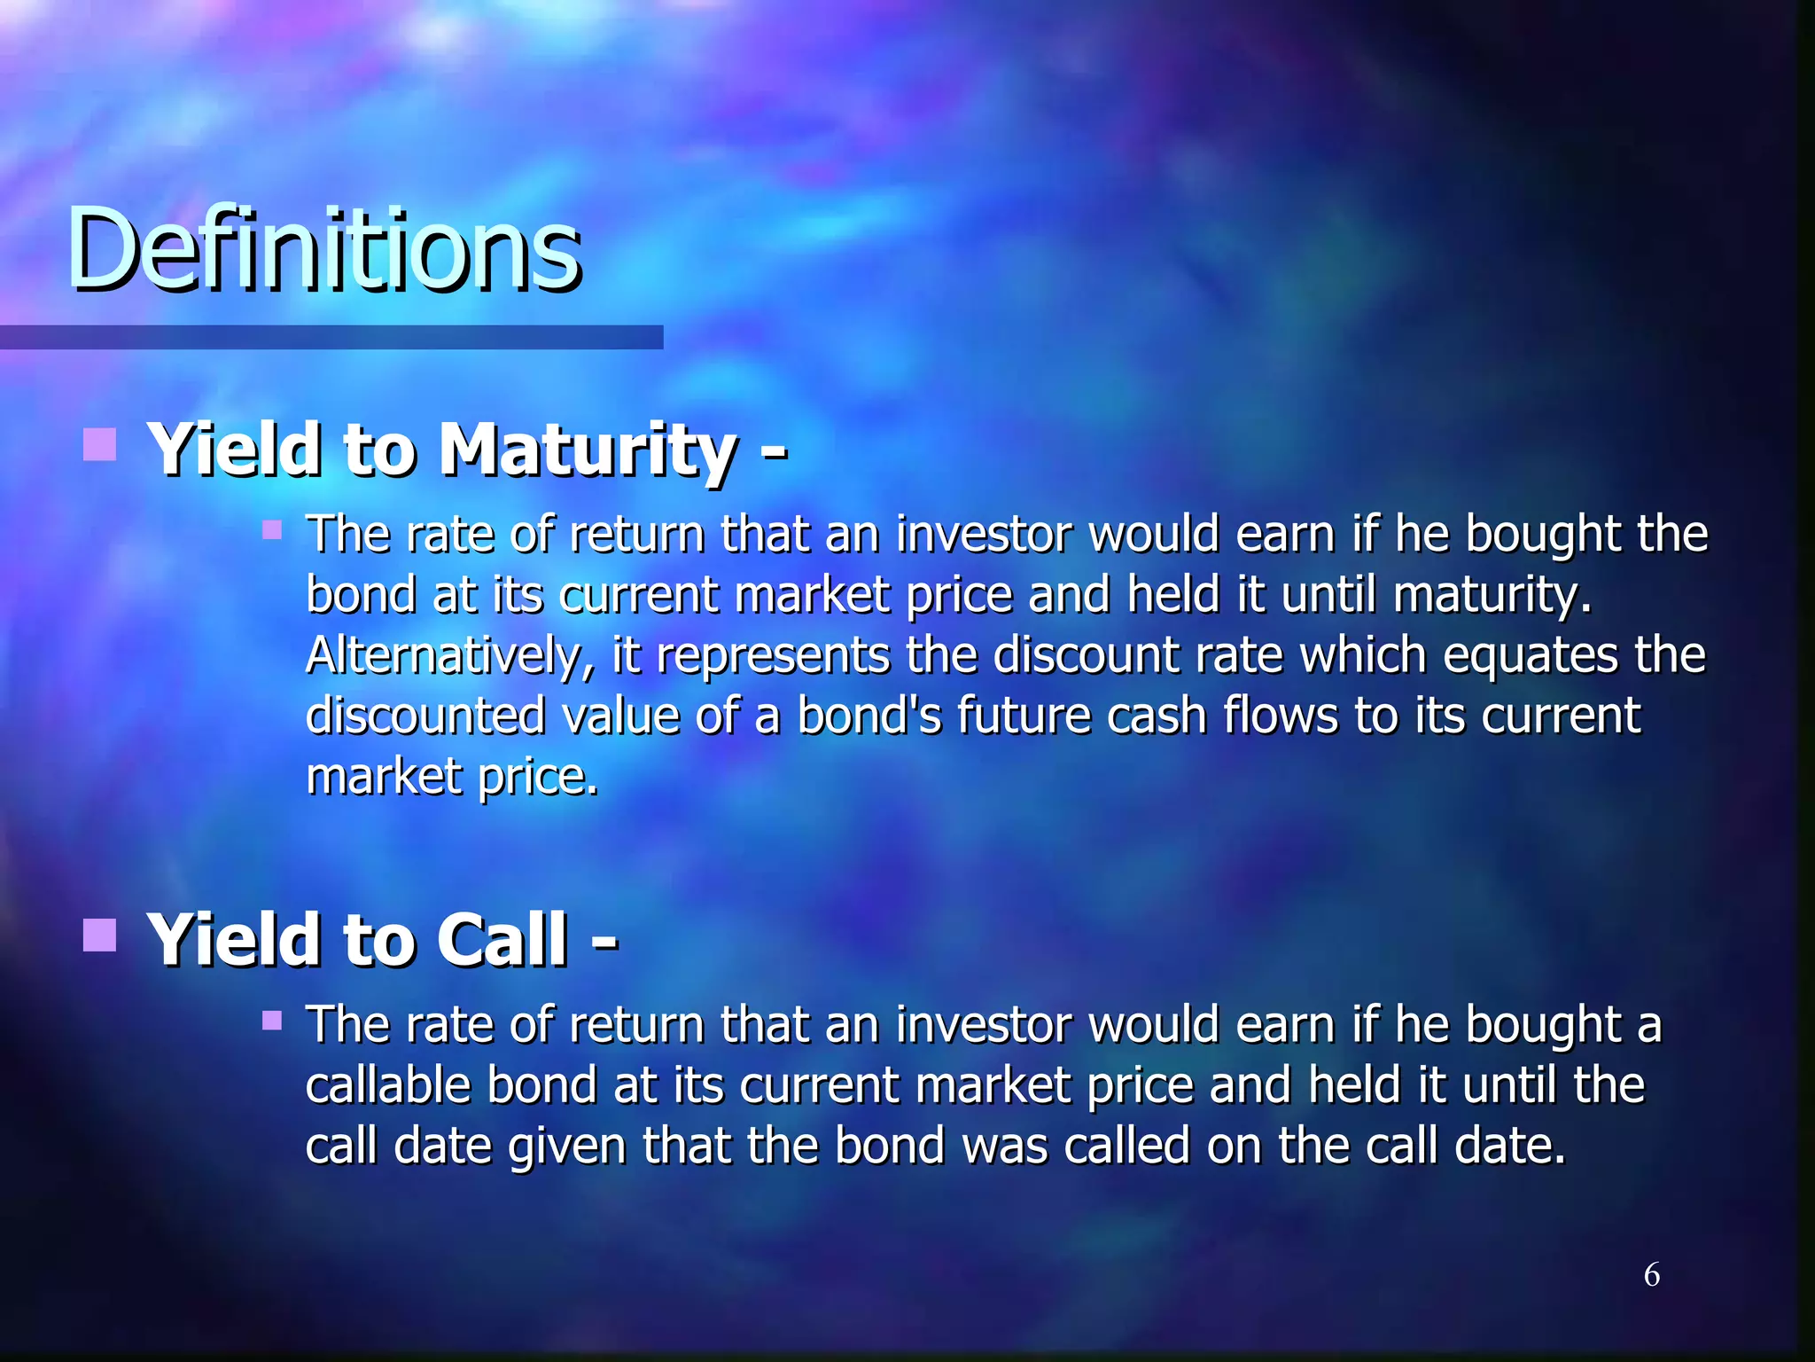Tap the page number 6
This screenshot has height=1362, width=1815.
click(x=1652, y=1275)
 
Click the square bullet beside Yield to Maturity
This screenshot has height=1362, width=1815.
click(x=100, y=445)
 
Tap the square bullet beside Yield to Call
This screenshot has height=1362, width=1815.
click(x=100, y=935)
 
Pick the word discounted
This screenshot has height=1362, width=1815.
click(x=425, y=716)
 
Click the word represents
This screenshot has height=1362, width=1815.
click(x=773, y=656)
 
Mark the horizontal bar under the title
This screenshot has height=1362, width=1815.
click(x=331, y=337)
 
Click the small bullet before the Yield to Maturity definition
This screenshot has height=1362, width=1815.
click(x=272, y=531)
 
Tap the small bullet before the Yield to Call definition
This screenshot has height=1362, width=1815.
click(x=272, y=1021)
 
